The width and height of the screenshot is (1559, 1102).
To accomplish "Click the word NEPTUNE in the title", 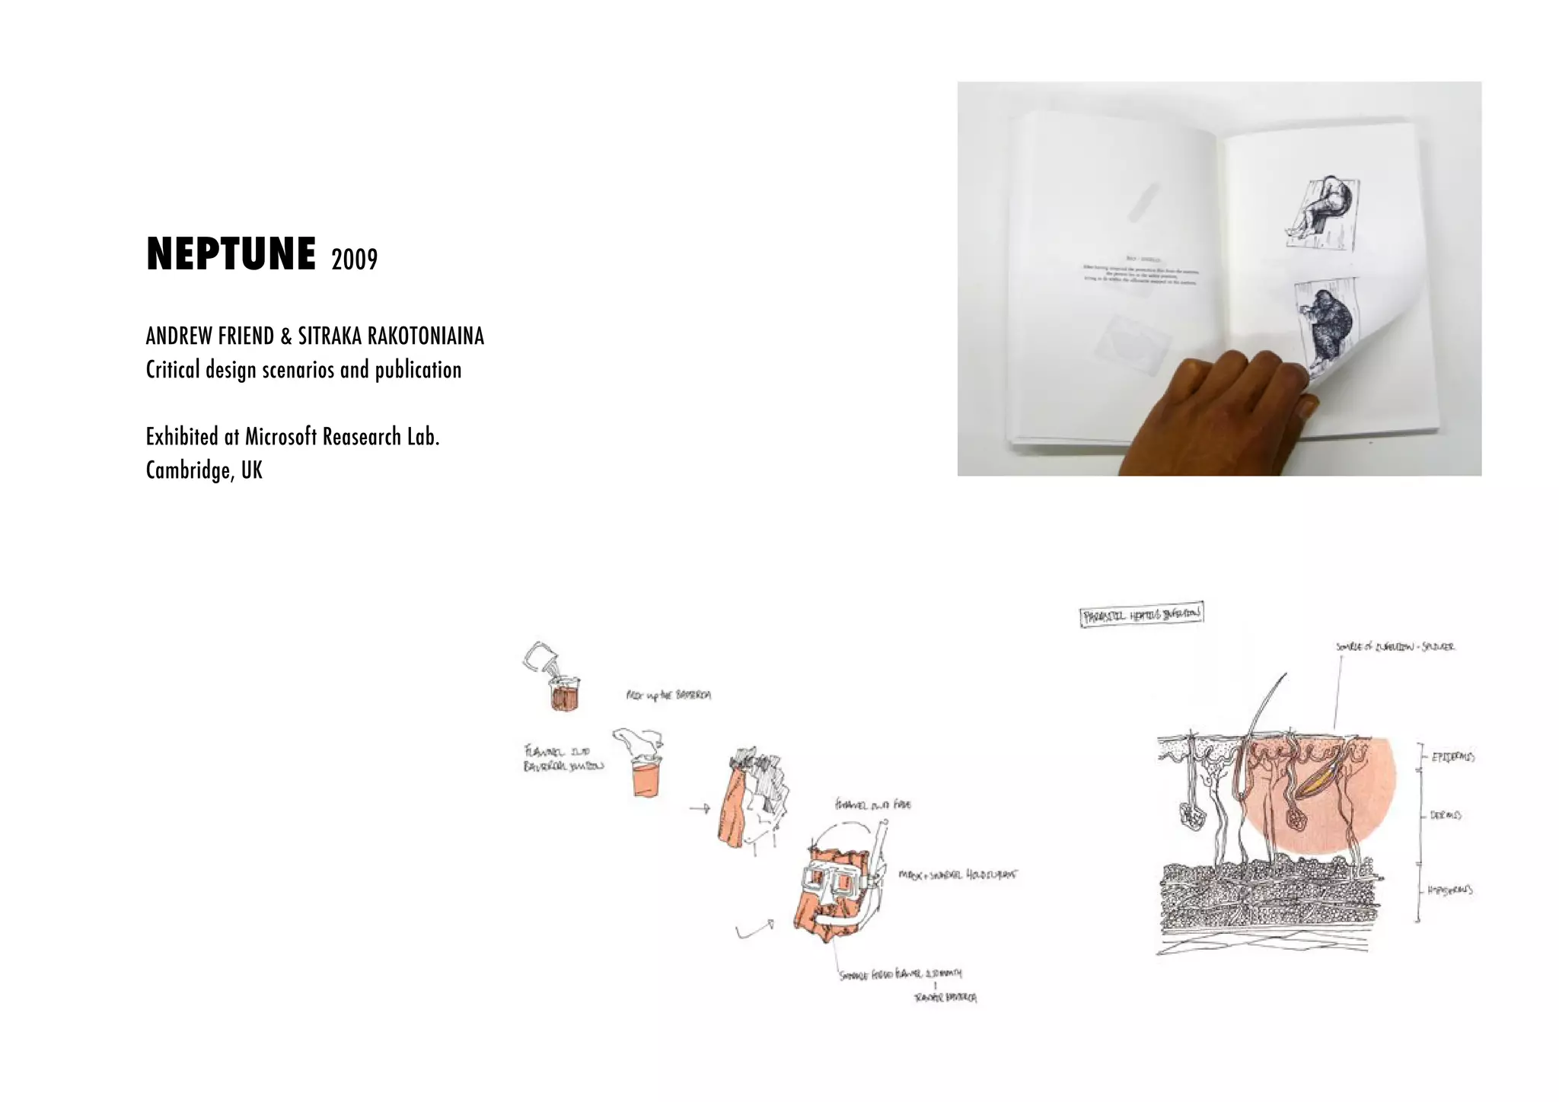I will (231, 254).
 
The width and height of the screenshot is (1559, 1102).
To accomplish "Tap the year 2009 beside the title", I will (355, 260).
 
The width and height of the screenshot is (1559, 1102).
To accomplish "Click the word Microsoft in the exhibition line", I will (280, 437).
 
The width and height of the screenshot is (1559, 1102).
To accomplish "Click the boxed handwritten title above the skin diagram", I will (1142, 614).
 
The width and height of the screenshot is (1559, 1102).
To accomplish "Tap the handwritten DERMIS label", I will (1445, 815).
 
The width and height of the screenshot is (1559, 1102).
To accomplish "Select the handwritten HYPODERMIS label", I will (1449, 890).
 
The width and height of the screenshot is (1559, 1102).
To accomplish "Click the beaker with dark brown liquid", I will (564, 694).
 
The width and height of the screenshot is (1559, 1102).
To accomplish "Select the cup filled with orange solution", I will (646, 776).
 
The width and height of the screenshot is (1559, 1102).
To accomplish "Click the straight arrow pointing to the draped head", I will (700, 808).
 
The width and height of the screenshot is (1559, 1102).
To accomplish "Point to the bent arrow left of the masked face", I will (755, 929).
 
